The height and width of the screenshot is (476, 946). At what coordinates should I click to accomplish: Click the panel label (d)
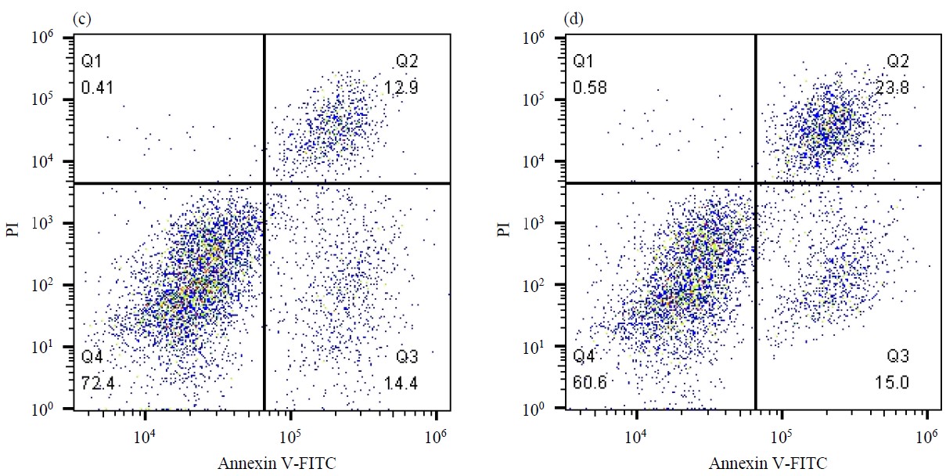pyautogui.click(x=571, y=18)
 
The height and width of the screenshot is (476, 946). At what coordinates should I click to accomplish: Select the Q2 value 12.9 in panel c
pyautogui.click(x=401, y=88)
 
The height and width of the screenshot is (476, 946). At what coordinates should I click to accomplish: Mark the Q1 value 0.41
pyautogui.click(x=98, y=88)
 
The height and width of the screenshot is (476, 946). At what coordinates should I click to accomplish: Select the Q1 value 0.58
pyautogui.click(x=589, y=88)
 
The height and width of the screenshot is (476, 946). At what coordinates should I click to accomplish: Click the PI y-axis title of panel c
pyautogui.click(x=14, y=228)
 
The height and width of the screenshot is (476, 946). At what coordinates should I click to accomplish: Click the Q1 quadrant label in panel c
pyautogui.click(x=92, y=61)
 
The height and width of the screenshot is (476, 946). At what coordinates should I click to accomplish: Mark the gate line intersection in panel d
pyautogui.click(x=755, y=183)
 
